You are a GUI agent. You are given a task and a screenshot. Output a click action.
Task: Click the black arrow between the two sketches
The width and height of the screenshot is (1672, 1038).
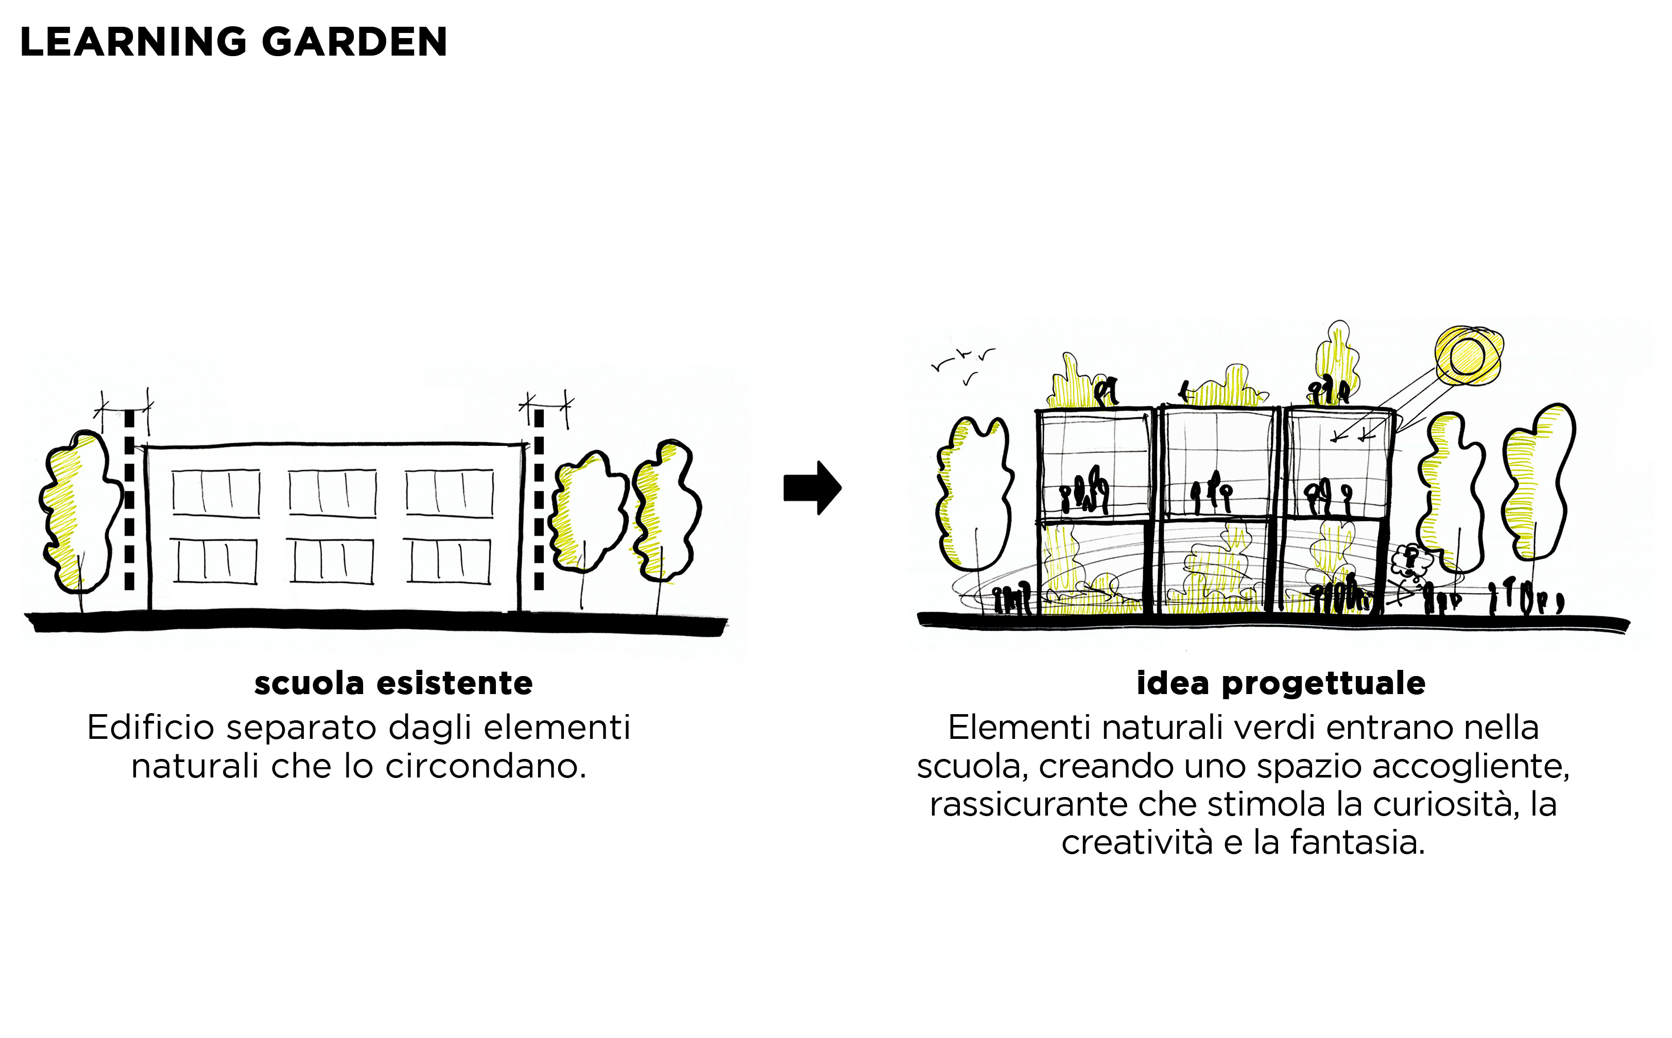(813, 488)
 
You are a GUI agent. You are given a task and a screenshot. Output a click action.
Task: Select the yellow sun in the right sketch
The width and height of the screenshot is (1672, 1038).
(1468, 356)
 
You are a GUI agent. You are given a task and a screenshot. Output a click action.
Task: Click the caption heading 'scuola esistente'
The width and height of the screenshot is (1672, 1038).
(393, 683)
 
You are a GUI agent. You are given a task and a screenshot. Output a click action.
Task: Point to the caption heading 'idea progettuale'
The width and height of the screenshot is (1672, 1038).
(1281, 684)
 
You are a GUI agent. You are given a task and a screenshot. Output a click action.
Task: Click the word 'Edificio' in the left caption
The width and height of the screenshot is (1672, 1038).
(151, 728)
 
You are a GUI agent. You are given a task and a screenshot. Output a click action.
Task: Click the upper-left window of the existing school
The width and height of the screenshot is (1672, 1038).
(216, 492)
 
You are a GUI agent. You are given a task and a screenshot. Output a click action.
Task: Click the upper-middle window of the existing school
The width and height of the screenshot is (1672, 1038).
(333, 492)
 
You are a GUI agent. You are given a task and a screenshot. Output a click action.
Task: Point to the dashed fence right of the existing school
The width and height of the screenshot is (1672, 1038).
(539, 499)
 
